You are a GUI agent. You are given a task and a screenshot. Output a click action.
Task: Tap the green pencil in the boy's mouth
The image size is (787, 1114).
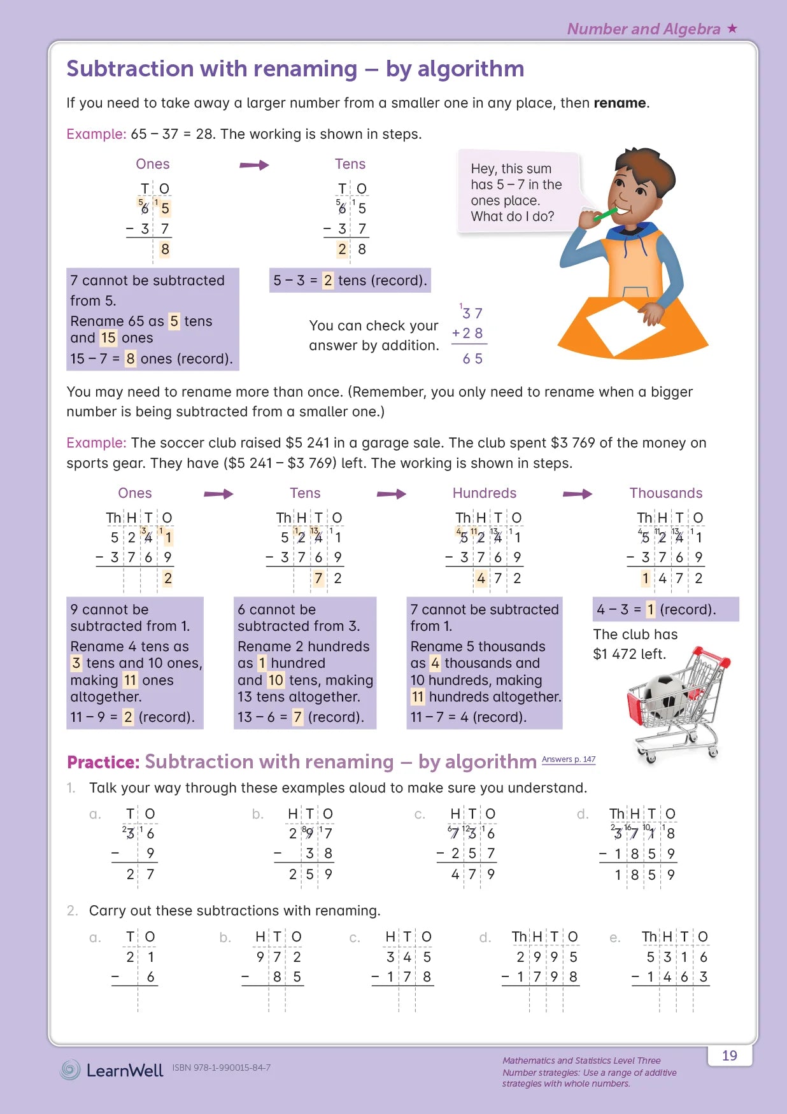click(604, 213)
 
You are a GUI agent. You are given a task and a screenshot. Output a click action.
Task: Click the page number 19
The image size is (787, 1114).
click(730, 1055)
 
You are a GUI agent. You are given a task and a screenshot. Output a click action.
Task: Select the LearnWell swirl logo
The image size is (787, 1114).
click(70, 1069)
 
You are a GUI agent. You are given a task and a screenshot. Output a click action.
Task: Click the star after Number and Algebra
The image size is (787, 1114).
click(732, 28)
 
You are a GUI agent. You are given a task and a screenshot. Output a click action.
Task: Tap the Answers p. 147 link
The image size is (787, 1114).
click(569, 759)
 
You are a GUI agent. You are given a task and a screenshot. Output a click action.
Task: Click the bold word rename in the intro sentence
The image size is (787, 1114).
click(620, 103)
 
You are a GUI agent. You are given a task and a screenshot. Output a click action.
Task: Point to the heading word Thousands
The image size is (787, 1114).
click(665, 493)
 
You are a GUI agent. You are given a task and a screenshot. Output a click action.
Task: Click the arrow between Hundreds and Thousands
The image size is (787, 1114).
click(578, 494)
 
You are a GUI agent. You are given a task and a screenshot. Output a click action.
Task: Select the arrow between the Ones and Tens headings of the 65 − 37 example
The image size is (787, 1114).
click(254, 165)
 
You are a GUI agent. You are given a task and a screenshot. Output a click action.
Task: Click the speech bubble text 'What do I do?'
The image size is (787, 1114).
click(512, 216)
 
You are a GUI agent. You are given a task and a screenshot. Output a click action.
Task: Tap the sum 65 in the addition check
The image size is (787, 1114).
click(472, 359)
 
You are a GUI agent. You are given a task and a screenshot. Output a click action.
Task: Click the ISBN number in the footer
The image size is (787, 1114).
click(221, 1068)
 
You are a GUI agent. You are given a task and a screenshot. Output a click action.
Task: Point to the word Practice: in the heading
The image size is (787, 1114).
click(103, 762)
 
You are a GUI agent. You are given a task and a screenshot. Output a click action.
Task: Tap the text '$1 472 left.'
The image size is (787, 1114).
click(629, 654)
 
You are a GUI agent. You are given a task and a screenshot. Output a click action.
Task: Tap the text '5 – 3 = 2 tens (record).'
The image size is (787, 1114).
click(350, 280)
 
